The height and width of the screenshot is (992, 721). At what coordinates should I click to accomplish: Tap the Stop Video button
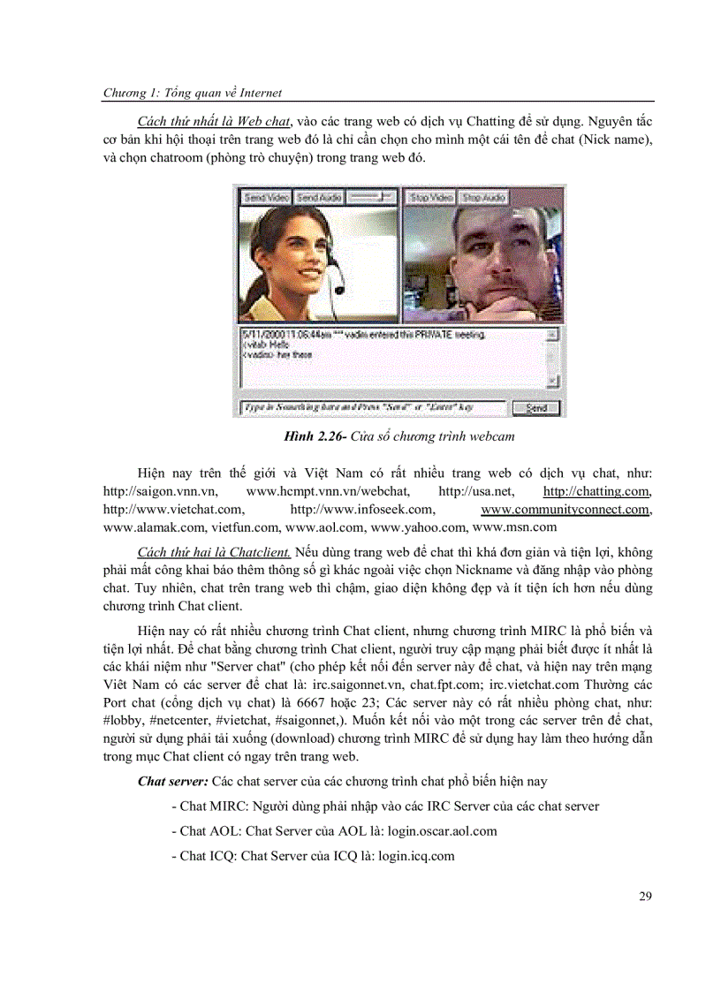point(430,197)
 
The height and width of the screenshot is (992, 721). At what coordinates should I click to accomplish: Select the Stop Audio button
point(483,197)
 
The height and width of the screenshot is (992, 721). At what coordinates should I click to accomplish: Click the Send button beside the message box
point(536,408)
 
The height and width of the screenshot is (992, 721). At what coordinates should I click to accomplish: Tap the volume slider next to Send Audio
point(370,197)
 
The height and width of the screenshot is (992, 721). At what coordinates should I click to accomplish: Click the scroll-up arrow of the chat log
point(552,336)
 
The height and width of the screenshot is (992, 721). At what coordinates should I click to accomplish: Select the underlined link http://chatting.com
point(597,492)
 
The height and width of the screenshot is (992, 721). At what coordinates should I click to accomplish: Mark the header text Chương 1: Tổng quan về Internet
point(193,92)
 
